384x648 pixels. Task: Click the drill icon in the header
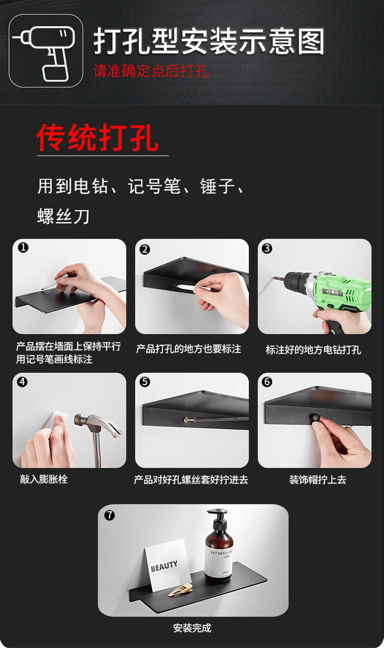tap(46, 51)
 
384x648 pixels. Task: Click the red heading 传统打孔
tap(98, 138)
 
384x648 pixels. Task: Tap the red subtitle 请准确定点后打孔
tap(151, 71)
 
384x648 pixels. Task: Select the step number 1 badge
tap(23, 248)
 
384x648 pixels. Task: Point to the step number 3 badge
tap(267, 249)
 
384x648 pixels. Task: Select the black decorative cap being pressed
tap(315, 416)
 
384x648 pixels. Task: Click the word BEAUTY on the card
tap(164, 566)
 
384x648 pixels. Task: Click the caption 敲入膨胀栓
tap(44, 479)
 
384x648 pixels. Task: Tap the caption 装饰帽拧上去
tap(317, 480)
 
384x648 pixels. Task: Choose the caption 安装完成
tap(192, 628)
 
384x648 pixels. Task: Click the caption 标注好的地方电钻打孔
tap(314, 350)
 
